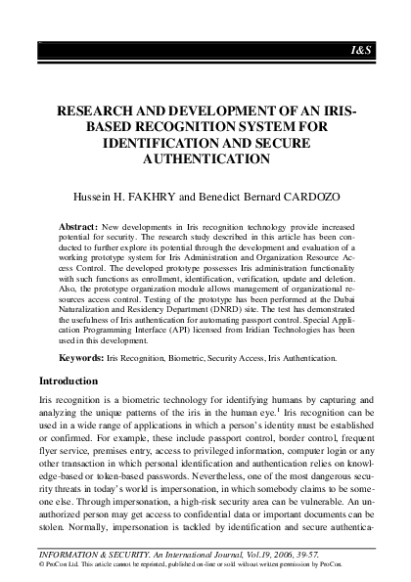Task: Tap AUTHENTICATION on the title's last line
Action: [205, 157]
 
